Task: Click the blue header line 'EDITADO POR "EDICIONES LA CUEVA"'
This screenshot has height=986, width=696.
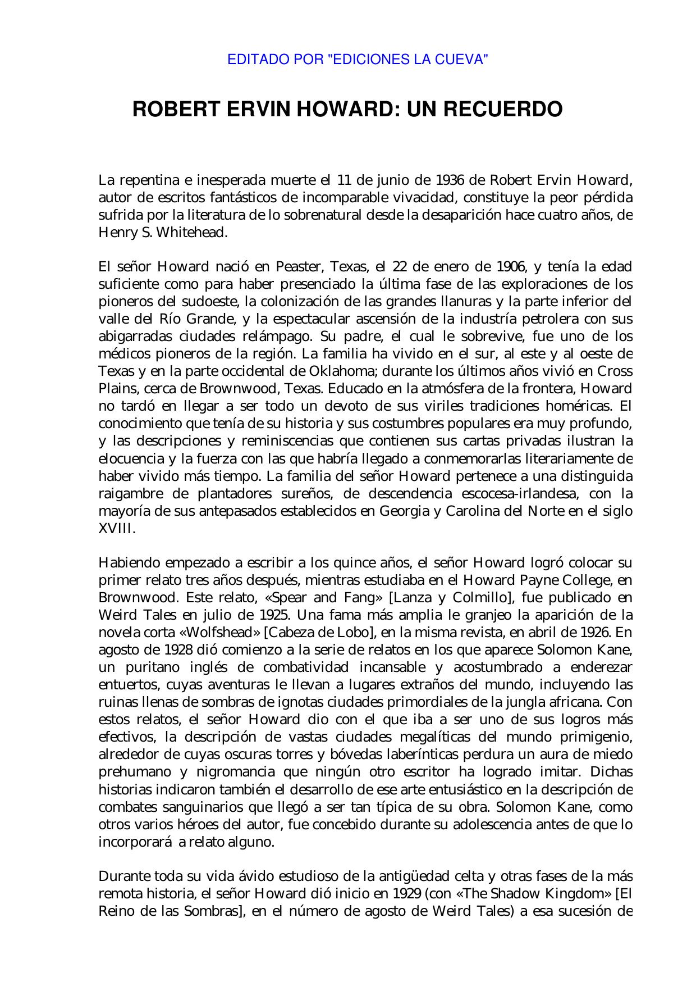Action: (x=357, y=59)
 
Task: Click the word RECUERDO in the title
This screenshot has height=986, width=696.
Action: (x=502, y=109)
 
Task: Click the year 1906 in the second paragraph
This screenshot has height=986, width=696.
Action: (x=511, y=267)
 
